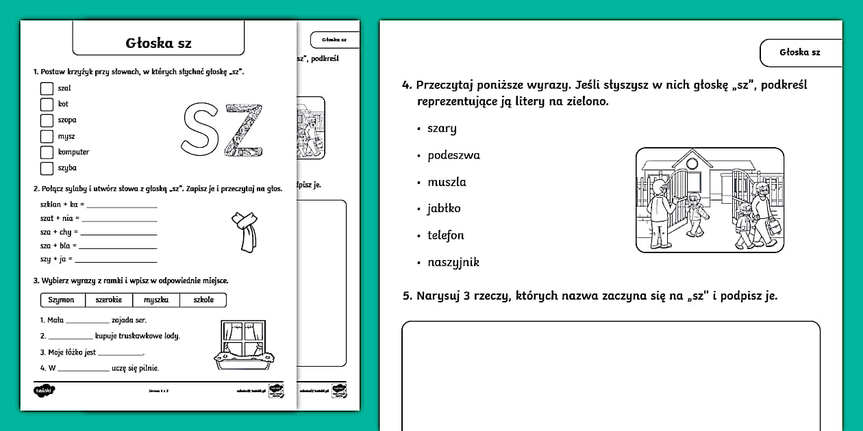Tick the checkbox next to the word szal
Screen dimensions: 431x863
coord(47,88)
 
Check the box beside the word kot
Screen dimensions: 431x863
coord(47,104)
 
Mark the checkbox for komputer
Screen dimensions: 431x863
coord(47,152)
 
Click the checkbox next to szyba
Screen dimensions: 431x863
coord(47,168)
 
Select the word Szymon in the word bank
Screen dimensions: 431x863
coord(62,300)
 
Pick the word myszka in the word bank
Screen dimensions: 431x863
coord(156,300)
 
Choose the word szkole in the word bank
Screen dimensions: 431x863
coord(203,300)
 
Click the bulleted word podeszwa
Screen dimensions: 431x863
coord(453,155)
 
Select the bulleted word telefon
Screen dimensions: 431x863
coord(446,235)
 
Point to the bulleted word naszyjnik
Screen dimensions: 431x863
coord(453,262)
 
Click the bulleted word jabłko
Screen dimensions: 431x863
coord(444,209)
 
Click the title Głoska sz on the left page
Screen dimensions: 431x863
coord(158,43)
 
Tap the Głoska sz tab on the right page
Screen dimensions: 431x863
coord(799,53)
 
